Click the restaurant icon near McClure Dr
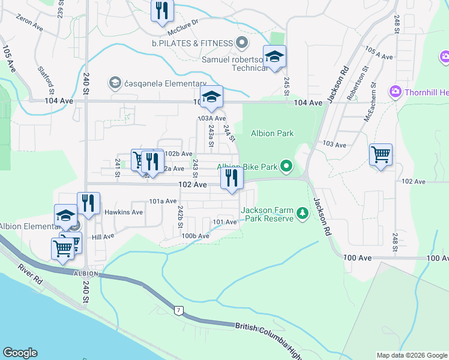click(x=163, y=11)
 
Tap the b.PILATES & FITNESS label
click(x=192, y=43)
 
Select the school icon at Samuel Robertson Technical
click(x=275, y=57)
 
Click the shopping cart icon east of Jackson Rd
click(x=381, y=155)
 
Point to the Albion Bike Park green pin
click(x=287, y=166)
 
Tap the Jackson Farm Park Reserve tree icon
click(x=303, y=212)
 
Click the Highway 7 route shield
click(x=178, y=311)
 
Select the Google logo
click(x=20, y=353)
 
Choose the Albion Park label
click(x=272, y=133)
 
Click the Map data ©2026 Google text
click(x=411, y=355)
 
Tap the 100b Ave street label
click(x=196, y=236)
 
